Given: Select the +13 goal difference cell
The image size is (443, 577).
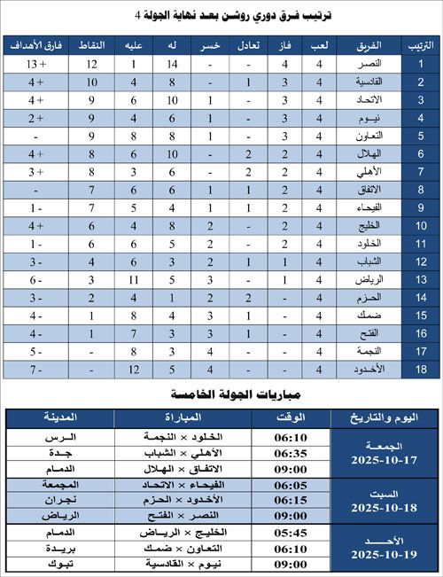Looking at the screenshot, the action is pyautogui.click(x=35, y=65).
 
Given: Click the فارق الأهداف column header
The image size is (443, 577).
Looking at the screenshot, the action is pyautogui.click(x=35, y=44).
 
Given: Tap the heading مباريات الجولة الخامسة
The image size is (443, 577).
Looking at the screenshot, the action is pyautogui.click(x=221, y=393).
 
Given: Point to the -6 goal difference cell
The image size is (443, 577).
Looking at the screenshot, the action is pyautogui.click(x=35, y=279).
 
